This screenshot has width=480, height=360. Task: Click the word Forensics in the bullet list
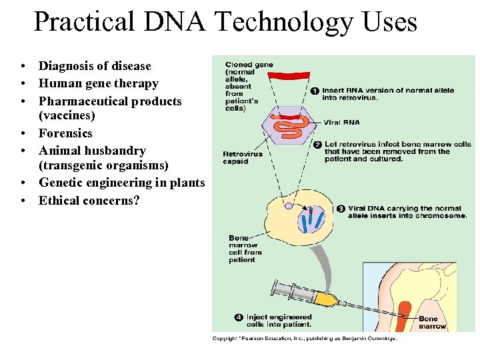point(65,133)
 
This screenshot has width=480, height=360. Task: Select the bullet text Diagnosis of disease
point(95,66)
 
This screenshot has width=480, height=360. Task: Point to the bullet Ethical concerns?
point(89,201)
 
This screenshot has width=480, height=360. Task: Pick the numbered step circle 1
point(315,91)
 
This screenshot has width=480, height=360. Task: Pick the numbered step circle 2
point(317,145)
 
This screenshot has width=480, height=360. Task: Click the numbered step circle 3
point(341,209)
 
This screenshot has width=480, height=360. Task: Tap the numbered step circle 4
point(239,317)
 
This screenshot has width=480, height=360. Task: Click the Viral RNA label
point(341,123)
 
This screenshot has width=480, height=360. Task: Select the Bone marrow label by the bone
point(432,323)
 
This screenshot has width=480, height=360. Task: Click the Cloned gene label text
point(249,65)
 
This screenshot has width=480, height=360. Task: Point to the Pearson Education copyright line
point(304,339)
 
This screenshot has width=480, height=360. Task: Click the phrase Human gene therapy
point(99,84)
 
